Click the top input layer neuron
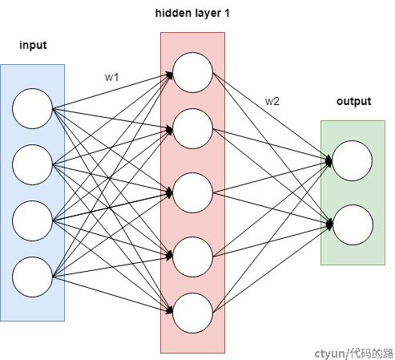pos(32,108)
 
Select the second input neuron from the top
pos(32,164)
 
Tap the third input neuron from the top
pos(32,220)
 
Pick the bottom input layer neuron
pos(32,277)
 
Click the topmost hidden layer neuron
pos(192,72)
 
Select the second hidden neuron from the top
pos(192,128)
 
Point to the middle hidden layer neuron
pos(192,192)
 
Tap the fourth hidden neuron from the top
pos(192,257)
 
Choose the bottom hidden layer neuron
pos(192,313)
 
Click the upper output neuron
pos(353,160)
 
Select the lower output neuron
pos(353,224)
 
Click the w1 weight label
pos(111,77)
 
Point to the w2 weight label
pos(272,101)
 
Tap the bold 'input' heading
pos(33,45)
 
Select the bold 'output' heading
pos(354,101)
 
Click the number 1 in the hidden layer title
pos(227,13)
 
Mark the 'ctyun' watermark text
pos(330,354)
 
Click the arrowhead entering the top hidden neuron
pos(170,75)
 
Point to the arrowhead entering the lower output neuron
pos(329,224)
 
